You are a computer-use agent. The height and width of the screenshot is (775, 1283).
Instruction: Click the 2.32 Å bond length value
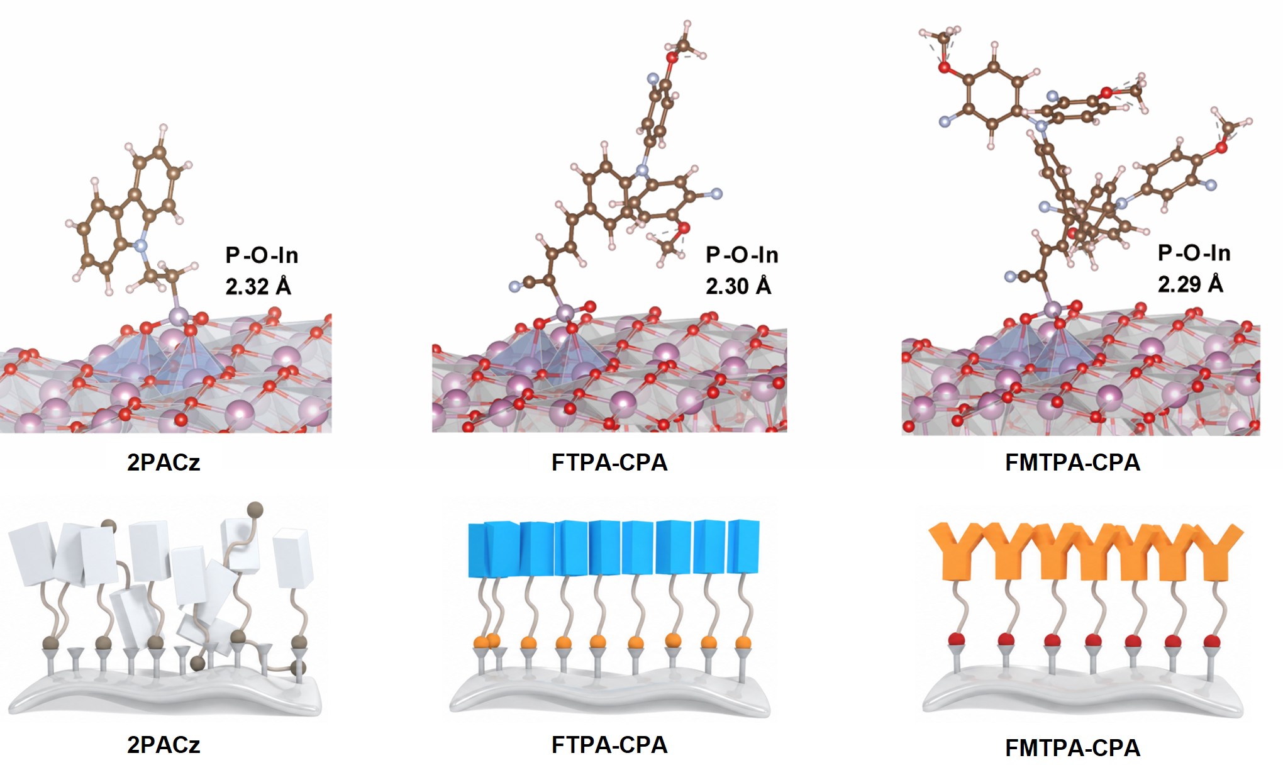(258, 286)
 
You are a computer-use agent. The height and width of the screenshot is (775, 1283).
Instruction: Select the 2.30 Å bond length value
(738, 286)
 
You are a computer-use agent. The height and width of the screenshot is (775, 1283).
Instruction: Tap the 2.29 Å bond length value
(1191, 284)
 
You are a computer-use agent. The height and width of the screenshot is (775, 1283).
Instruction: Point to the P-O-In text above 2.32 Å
(262, 255)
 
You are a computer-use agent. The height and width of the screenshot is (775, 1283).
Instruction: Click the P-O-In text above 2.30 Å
(742, 255)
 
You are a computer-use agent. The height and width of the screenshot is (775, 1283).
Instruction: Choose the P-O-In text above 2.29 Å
(1194, 253)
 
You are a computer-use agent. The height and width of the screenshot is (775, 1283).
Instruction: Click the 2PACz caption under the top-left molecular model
(164, 462)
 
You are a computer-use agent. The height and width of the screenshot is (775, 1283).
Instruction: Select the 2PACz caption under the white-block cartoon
(164, 745)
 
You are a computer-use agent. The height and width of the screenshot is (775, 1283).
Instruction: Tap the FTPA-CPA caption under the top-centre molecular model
(609, 462)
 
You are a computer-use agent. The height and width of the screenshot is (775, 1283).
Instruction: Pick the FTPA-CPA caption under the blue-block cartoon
(609, 745)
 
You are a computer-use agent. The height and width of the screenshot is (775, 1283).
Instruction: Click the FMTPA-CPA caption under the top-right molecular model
(1073, 462)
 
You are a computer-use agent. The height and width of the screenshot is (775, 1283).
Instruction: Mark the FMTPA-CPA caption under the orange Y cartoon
(1073, 747)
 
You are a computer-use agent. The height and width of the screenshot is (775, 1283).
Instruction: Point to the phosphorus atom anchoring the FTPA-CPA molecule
(565, 312)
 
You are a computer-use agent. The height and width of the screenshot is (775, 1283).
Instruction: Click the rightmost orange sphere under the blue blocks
(743, 642)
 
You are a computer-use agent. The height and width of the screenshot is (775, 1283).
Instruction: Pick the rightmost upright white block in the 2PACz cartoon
(293, 558)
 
